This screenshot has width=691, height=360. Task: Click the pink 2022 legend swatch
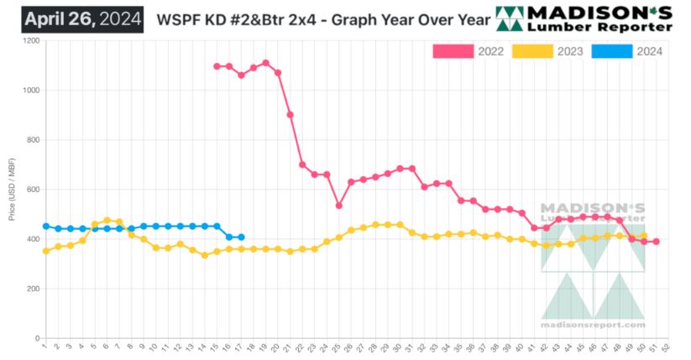[453, 51]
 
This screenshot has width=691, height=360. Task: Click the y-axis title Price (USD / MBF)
[12, 190]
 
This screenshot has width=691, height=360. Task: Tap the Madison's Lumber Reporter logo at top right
[585, 18]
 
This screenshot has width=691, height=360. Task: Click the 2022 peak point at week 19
[265, 63]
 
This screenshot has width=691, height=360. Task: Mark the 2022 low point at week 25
[338, 206]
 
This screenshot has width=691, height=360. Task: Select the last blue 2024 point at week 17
[241, 237]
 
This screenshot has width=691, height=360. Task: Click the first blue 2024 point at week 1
[45, 227]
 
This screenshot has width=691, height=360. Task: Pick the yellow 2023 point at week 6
[107, 221]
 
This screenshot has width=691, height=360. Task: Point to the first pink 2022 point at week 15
[217, 66]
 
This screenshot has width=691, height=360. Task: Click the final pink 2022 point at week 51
[656, 242]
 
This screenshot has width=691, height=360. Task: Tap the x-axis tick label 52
[667, 345]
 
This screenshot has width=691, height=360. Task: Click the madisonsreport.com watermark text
[593, 325]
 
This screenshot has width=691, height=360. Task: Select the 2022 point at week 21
[290, 115]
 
